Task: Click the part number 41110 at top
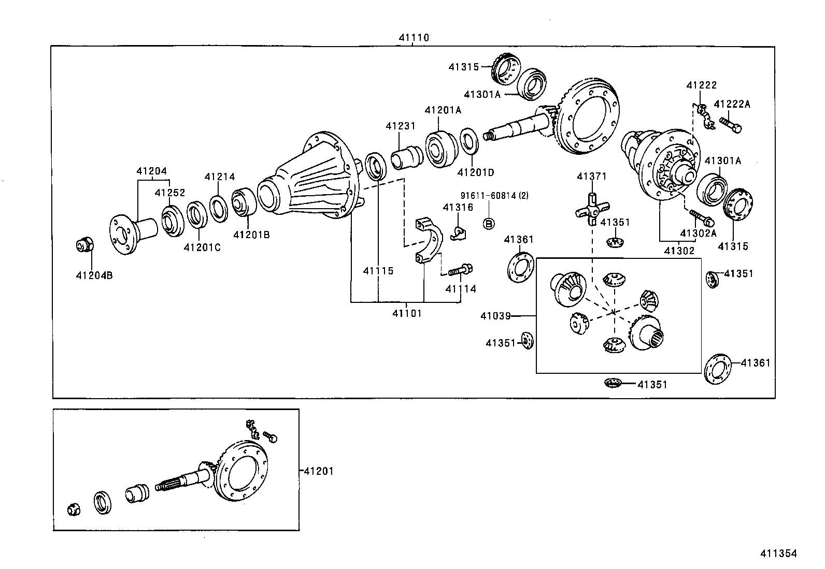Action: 414,38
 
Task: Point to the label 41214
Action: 219,177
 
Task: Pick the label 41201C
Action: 202,247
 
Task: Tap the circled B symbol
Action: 489,223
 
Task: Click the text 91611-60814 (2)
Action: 494,196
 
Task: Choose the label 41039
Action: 495,315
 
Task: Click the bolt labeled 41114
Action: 460,270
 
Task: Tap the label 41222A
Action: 732,105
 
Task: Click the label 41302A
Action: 698,233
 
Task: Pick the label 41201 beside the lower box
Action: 318,471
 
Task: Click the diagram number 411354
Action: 778,553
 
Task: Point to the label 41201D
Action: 475,172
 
